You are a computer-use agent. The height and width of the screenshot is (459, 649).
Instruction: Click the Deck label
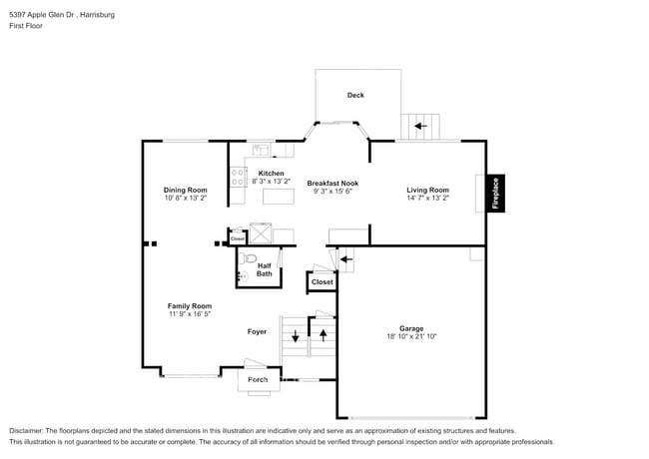355,96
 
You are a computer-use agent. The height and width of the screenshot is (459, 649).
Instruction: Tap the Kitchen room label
271,174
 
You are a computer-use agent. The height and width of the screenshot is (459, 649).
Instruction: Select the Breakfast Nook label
332,184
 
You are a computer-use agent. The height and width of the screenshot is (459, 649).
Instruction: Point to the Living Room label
427,190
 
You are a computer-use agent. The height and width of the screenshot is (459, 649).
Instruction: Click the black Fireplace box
494,193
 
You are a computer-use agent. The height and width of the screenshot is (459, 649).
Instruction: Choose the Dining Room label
186,190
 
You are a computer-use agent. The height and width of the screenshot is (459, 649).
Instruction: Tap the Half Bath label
264,269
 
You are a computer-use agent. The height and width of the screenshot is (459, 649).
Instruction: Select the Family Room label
189,306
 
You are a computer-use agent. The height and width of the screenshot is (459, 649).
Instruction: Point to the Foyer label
257,331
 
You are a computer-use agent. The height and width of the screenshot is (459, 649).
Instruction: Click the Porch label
258,380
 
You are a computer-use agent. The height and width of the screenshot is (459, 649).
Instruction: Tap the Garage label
411,328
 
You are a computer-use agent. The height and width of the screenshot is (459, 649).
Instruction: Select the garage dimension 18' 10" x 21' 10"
411,337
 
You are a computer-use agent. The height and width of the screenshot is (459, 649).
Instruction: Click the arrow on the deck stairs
420,127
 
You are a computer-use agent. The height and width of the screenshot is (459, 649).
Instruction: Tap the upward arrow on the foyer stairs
323,332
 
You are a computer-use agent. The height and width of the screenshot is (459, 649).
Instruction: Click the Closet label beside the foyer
322,282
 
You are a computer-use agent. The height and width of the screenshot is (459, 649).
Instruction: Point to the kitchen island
278,197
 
